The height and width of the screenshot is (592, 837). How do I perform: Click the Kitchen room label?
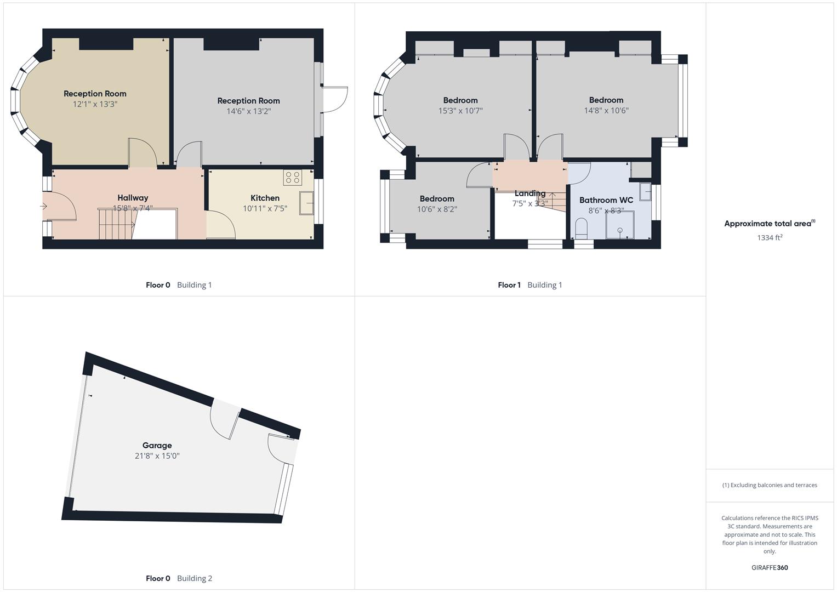(x=265, y=198)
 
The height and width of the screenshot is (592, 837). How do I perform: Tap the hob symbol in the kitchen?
(x=293, y=177)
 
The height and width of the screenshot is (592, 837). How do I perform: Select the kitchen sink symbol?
(x=306, y=203)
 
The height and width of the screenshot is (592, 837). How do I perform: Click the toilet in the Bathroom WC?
(x=581, y=227)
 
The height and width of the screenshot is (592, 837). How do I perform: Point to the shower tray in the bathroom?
(x=619, y=225)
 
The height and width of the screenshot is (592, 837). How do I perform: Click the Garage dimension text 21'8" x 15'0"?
(x=157, y=456)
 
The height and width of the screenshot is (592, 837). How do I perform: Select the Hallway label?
(x=133, y=198)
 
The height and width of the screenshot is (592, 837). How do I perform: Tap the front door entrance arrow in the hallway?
(x=44, y=207)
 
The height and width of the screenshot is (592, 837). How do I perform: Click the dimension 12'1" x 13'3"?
(x=95, y=104)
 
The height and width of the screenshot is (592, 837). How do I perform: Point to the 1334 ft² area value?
(x=770, y=237)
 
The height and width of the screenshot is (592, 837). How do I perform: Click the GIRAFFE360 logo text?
(x=770, y=567)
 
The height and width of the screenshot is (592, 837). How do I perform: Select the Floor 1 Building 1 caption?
(x=529, y=285)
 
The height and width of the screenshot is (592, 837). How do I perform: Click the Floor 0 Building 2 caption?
(x=179, y=578)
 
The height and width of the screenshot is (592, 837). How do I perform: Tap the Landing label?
(x=529, y=193)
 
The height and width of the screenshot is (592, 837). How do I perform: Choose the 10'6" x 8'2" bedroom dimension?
(x=437, y=209)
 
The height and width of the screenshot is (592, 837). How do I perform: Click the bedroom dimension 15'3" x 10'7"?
(x=460, y=111)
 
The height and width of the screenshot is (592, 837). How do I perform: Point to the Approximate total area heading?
(x=769, y=224)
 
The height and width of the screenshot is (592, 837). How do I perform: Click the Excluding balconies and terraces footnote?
(x=770, y=485)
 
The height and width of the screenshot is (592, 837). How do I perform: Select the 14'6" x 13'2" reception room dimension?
(x=249, y=111)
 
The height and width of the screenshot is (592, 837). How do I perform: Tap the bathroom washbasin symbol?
(x=645, y=191)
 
